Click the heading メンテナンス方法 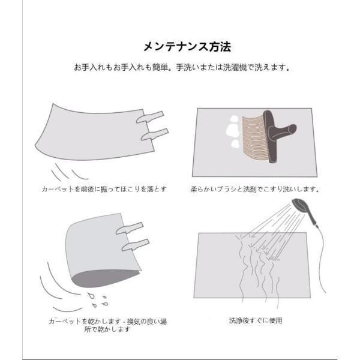coord(187,47)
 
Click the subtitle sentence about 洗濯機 coord(181,67)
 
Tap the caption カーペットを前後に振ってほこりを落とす coord(104,189)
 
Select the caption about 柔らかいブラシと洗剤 coord(255,189)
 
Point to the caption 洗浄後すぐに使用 coord(256,320)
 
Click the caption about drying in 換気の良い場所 coord(107,325)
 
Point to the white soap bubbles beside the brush coord(234,131)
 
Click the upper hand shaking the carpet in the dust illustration coord(150,117)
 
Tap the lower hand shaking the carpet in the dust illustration coord(155,134)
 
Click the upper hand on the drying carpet coord(130,228)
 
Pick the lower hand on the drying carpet coord(136,245)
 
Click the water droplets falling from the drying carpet coord(98,300)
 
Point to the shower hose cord coord(322,259)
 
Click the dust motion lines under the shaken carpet coord(69,172)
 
